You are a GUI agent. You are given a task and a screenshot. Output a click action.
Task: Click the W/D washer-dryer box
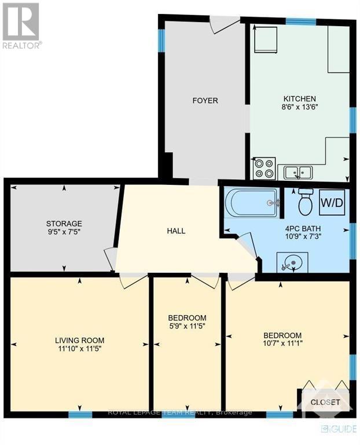[x=332, y=202]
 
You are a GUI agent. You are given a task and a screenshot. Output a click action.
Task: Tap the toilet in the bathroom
[x=306, y=202]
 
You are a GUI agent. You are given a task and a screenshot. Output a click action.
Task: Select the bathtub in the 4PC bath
[x=251, y=203]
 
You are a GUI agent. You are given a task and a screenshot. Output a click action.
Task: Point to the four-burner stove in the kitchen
[x=264, y=168]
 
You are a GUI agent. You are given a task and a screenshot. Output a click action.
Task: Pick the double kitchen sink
[x=298, y=172]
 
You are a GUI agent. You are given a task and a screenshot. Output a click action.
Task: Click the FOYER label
[x=205, y=100]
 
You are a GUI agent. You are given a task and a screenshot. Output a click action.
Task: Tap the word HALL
[x=176, y=231]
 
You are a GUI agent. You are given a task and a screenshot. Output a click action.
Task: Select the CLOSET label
[x=325, y=402]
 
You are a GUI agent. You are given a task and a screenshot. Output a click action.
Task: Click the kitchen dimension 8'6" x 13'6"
[x=300, y=107]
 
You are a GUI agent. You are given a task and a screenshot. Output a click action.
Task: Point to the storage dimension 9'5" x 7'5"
[x=64, y=232]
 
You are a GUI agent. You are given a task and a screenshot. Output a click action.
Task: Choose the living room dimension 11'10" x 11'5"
[x=80, y=348]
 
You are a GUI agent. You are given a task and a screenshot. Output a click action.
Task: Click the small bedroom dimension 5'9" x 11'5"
[x=187, y=326]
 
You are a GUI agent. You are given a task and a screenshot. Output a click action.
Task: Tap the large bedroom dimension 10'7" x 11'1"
[x=282, y=343]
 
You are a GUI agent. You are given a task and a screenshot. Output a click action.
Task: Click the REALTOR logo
[x=21, y=25]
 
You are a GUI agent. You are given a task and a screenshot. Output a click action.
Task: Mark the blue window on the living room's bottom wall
[x=80, y=414]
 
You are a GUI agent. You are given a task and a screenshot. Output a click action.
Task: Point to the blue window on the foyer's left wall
[x=161, y=41]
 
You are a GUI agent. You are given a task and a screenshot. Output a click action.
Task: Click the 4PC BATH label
[x=303, y=228]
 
